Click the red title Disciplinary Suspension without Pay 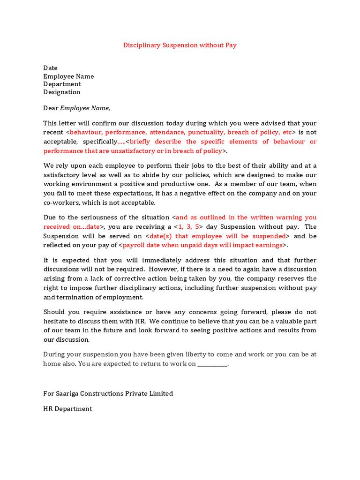180,45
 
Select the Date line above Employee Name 51,68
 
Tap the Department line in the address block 62,84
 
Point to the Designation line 62,92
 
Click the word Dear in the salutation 51,108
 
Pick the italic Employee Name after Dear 84,108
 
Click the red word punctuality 206,133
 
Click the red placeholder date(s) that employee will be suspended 217,236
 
